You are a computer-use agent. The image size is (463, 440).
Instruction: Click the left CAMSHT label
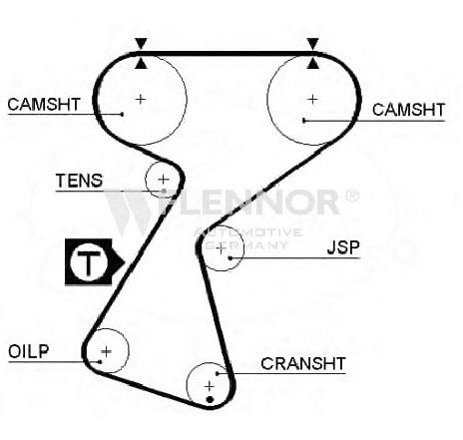coord(44,105)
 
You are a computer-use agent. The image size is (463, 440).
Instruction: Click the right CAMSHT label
coord(408,110)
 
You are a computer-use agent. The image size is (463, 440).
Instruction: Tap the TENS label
coord(79,181)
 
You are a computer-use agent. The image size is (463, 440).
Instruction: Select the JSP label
coord(343,247)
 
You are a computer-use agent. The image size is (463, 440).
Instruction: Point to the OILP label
coord(29,351)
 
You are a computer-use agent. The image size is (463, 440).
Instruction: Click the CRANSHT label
coord(303,363)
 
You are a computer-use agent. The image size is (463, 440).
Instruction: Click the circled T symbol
coord(89,262)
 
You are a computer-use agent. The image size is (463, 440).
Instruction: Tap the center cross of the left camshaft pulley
coord(141,99)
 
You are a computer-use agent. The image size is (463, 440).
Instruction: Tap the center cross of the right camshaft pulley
coord(312,99)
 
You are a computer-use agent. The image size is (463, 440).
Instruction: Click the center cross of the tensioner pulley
coord(163,180)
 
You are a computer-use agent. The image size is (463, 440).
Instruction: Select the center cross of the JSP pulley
coord(221,248)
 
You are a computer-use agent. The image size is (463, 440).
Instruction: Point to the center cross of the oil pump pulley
coord(107,351)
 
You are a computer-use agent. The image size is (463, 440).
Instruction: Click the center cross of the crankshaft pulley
coord(210,386)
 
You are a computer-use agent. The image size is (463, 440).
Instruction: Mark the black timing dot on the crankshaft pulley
coord(210,399)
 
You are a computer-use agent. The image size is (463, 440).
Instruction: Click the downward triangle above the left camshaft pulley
coord(141,44)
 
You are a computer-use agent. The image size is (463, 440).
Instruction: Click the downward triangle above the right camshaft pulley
coord(312,44)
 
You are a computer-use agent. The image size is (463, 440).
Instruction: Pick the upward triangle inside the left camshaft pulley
coord(141,64)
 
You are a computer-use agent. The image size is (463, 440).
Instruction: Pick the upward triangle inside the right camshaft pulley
coord(312,64)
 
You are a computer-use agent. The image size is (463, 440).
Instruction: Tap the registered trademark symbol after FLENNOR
coord(352,196)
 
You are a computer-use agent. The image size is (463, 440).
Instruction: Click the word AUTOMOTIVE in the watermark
coord(248,231)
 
